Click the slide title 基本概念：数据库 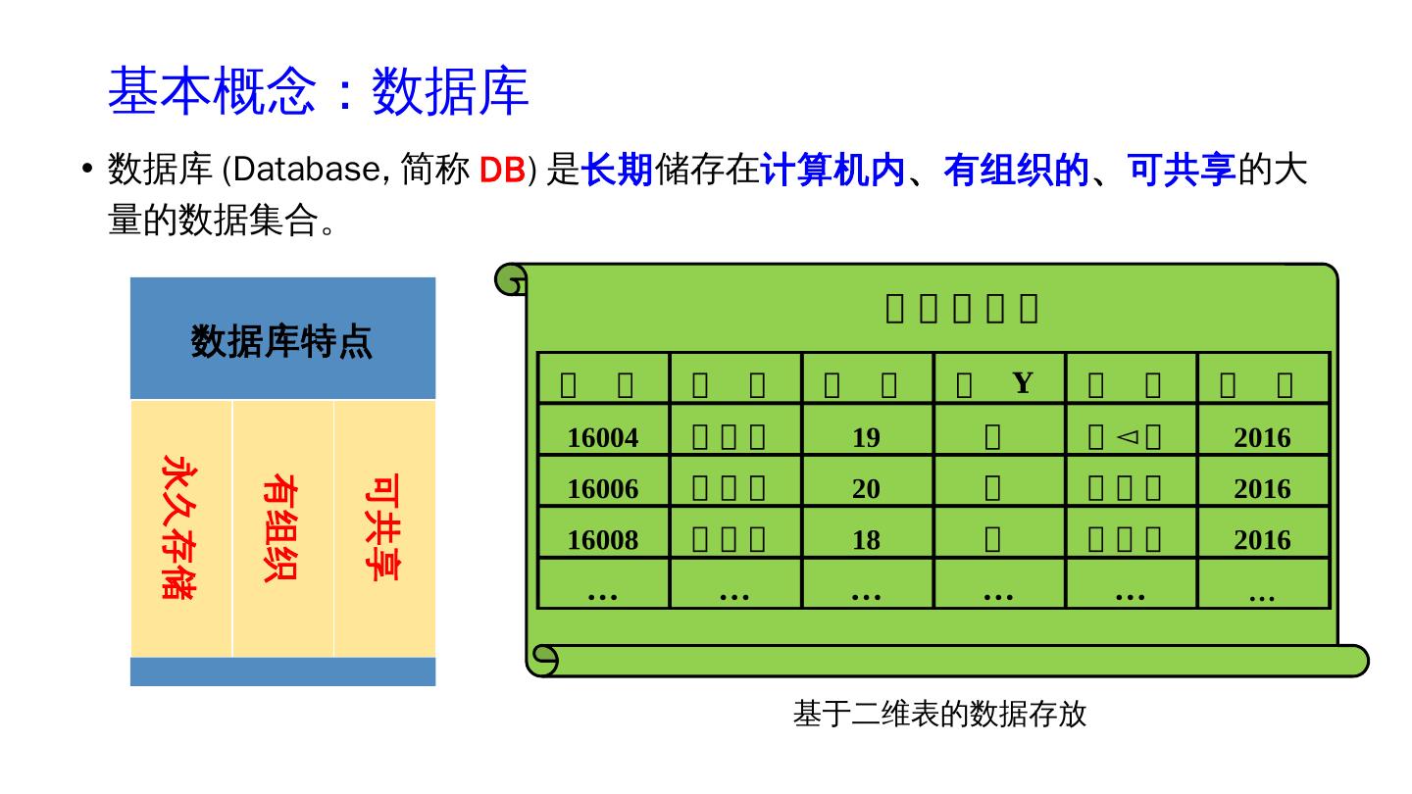pyautogui.click(x=318, y=92)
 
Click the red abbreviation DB pyautogui.click(x=502, y=171)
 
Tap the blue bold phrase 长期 pyautogui.click(x=617, y=171)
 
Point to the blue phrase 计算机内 pyautogui.click(x=832, y=171)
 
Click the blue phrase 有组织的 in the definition pyautogui.click(x=1016, y=171)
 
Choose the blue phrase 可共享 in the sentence pyautogui.click(x=1182, y=171)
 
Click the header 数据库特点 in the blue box pyautogui.click(x=281, y=342)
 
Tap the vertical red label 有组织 pyautogui.click(x=280, y=527)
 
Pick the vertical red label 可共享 pyautogui.click(x=382, y=527)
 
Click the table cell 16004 pyautogui.click(x=603, y=438)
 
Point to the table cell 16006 pyautogui.click(x=603, y=489)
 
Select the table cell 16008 pyautogui.click(x=603, y=540)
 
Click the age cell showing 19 pyautogui.click(x=866, y=438)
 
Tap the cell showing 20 pyautogui.click(x=866, y=489)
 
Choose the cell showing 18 pyautogui.click(x=866, y=540)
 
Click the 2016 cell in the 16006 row pyautogui.click(x=1262, y=489)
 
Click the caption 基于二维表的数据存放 pyautogui.click(x=939, y=715)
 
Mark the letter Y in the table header pyautogui.click(x=1023, y=382)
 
